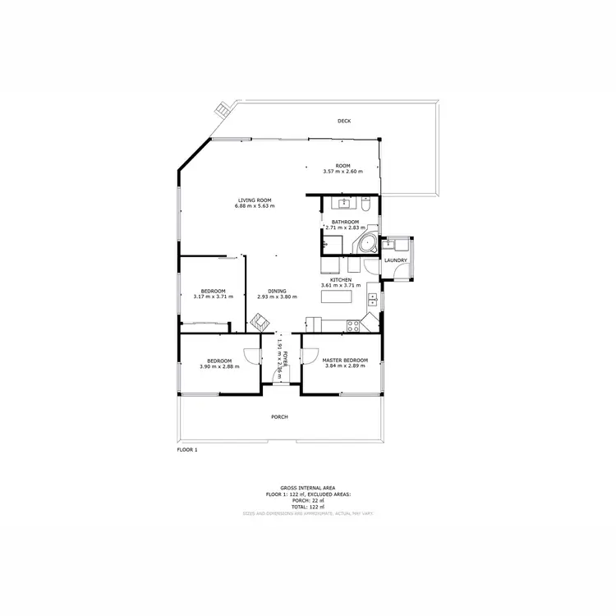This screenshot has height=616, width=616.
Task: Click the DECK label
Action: point(344,122)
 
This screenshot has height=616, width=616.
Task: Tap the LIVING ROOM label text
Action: point(255,200)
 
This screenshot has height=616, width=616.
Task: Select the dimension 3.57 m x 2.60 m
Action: point(342,172)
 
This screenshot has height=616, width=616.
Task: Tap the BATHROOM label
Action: point(345,223)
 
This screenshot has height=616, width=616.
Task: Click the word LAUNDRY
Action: point(396,260)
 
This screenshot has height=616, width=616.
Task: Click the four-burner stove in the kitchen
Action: point(352,324)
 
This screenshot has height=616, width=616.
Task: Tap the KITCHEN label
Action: point(341,280)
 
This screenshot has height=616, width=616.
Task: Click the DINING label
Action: point(276,291)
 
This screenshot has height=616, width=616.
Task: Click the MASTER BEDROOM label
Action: point(345,361)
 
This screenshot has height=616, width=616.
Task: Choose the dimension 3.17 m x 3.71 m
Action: point(214,297)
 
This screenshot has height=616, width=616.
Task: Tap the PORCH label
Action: point(279,417)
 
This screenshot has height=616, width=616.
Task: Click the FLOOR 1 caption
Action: point(187,450)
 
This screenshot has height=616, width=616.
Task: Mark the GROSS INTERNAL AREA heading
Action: point(308,487)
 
